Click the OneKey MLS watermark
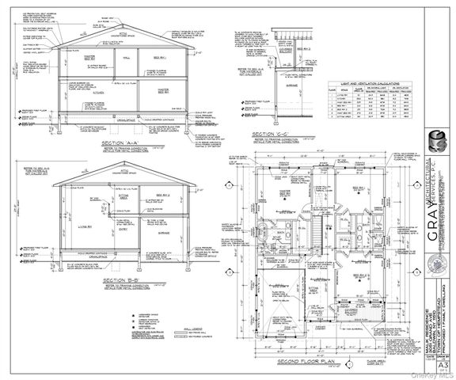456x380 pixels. click(x=434, y=374)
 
